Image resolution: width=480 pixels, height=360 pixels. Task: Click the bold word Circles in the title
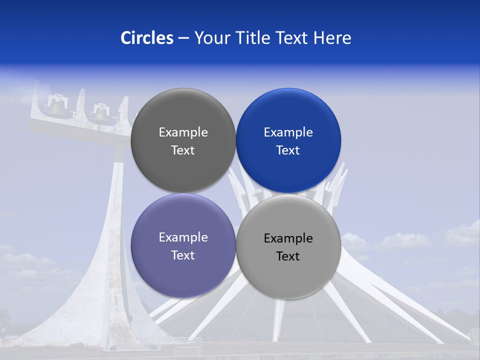coord(147,38)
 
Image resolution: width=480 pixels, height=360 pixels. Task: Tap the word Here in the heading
coord(332,38)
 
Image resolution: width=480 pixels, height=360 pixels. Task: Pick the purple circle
coord(183,270)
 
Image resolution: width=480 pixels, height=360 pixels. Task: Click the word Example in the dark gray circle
coord(183,132)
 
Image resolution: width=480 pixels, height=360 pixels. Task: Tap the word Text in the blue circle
coord(288,150)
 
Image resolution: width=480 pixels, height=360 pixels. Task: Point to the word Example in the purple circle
coord(183,237)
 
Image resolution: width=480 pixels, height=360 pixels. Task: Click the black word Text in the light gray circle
coord(288,256)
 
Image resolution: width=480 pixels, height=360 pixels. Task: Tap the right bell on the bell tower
coord(101,114)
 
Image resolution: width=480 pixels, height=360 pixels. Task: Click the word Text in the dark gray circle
coord(183,150)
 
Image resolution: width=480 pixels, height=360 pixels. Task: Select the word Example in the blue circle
coord(288,132)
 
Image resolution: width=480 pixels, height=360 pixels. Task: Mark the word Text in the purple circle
coord(183,255)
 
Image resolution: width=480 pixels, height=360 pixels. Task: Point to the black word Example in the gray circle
coord(288,238)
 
